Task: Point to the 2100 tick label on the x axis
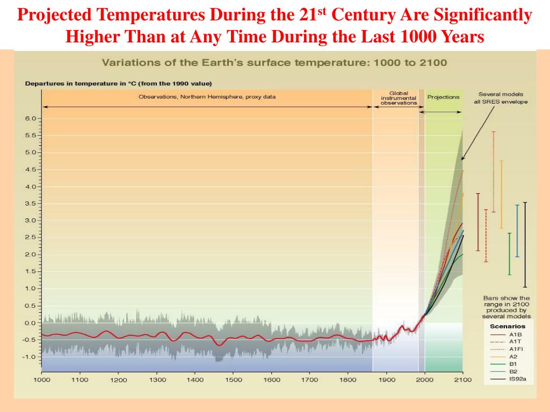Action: pos(462,380)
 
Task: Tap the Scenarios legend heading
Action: pos(508,326)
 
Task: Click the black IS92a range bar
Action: pos(525,244)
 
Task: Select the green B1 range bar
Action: pos(509,254)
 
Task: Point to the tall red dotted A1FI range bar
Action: pos(493,172)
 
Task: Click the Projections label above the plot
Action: pos(443,97)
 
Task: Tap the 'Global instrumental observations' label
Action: pos(399,98)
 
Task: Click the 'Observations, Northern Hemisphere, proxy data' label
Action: pos(207,97)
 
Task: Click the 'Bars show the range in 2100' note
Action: pos(506,307)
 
